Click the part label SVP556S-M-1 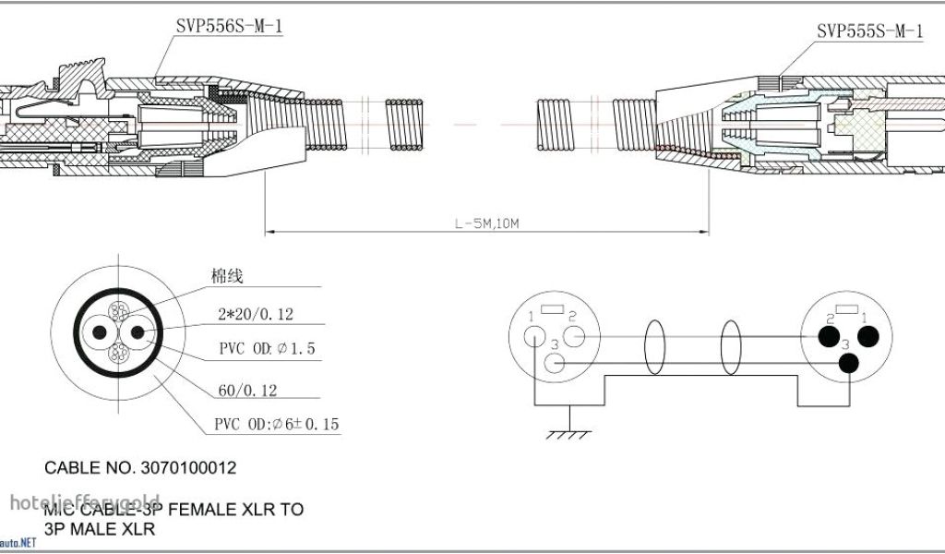[x=229, y=27]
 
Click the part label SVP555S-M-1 [x=869, y=30]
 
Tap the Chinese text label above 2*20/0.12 [x=225, y=277]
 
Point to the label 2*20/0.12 [x=256, y=315]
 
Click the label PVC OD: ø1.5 [x=268, y=348]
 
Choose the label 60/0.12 [x=247, y=391]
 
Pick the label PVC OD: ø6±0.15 [x=277, y=425]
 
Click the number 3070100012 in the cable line [x=189, y=468]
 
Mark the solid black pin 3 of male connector [x=846, y=363]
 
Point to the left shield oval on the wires [x=654, y=348]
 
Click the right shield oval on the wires [x=729, y=348]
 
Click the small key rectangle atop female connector [x=554, y=311]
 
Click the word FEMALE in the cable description [x=196, y=509]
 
